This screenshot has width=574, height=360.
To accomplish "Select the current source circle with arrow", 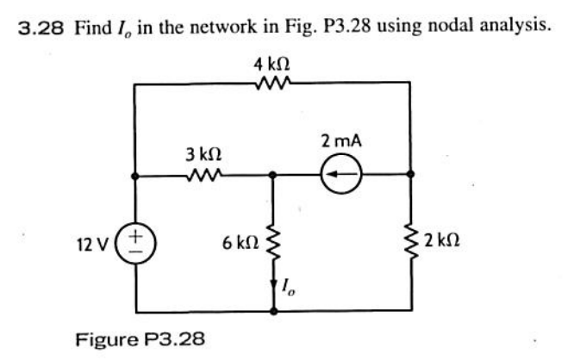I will point(340,175).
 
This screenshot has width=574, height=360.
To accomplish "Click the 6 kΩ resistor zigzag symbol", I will point(273,245).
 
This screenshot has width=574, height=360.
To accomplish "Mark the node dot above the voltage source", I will point(134,175).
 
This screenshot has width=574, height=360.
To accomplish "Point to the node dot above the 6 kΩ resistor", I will point(273,175).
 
